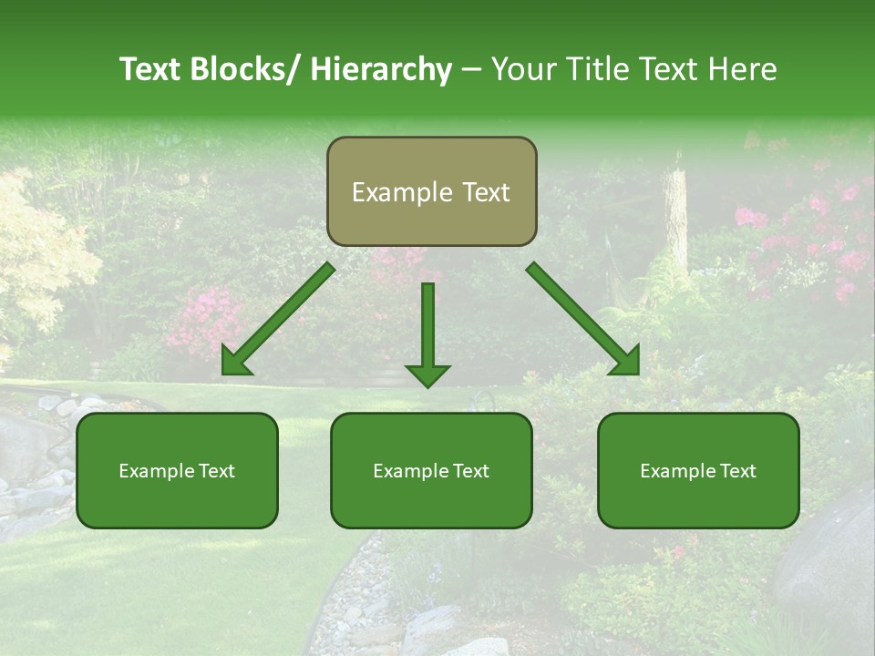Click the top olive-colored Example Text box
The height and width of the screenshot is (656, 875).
431,191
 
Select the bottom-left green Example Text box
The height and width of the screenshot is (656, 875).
177,470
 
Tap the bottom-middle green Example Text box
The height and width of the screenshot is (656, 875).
431,470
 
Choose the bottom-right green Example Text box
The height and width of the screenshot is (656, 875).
698,470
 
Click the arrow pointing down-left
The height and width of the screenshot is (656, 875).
278,320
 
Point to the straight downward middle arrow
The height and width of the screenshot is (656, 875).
427,328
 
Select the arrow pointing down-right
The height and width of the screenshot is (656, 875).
583,319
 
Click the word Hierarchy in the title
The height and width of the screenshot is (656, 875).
380,69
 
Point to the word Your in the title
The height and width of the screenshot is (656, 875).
522,69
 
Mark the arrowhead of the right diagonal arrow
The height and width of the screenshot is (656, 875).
624,360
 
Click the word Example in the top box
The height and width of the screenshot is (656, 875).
402,192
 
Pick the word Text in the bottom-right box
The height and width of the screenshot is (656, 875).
737,470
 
